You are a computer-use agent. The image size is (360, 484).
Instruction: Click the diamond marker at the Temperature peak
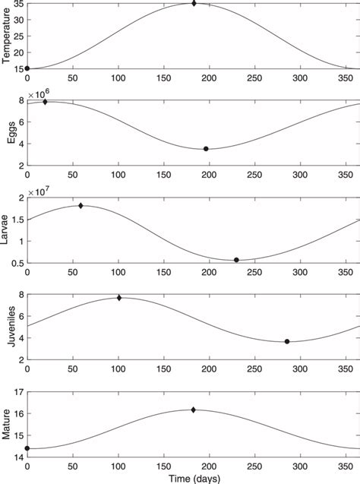pos(194,4)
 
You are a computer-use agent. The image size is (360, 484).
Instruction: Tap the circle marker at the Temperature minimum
pos(27,68)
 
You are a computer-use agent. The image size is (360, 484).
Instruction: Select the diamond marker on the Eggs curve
pos(45,102)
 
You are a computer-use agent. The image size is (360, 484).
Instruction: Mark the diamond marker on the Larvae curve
pos(81,206)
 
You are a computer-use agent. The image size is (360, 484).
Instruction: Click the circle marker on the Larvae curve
pos(236,260)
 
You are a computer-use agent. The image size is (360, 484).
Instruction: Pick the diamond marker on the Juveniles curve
pos(119,298)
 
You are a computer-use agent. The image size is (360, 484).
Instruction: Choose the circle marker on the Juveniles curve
pos(287,341)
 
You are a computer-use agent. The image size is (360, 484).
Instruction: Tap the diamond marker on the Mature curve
pos(194,410)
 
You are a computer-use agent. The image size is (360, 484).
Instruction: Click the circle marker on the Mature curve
pos(27,448)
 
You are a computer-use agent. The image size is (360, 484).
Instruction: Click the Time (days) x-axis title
pos(192,477)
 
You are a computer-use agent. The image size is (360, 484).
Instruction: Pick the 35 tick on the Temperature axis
pos(18,5)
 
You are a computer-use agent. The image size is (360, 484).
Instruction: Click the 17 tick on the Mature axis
pos(18,392)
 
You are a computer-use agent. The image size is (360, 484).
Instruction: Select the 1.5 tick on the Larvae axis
pos(17,220)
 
